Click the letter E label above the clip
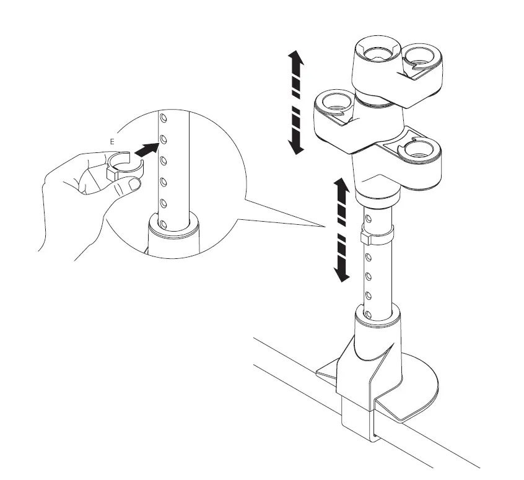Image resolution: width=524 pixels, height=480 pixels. tap(111, 142)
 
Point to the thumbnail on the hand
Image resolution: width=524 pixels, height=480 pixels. tap(133, 185)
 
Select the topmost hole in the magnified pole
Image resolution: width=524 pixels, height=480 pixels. tap(163, 118)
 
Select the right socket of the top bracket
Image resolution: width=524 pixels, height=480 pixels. tap(424, 55)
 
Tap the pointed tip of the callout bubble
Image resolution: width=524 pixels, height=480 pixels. tap(325, 227)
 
